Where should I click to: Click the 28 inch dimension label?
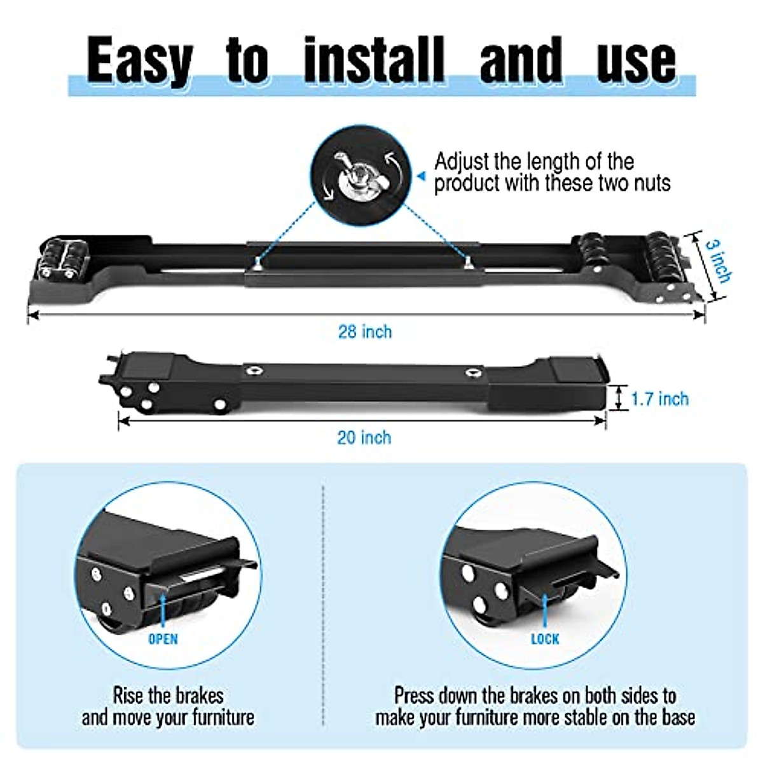[364, 332]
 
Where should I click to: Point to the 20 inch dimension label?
[364, 437]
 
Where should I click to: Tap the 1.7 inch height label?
[659, 399]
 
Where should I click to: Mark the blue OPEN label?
[163, 638]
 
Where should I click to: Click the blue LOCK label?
[545, 638]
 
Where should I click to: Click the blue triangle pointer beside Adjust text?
[420, 175]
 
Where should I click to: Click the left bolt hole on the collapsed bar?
[253, 371]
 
